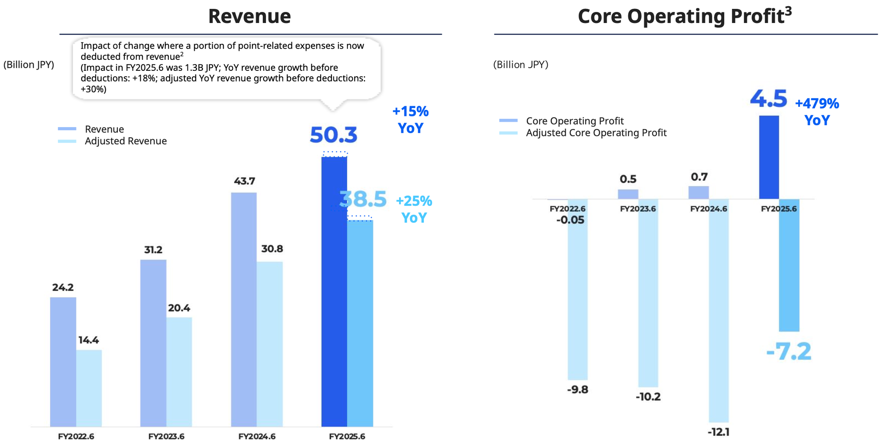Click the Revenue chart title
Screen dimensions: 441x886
tap(249, 16)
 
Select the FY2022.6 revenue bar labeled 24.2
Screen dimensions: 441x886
tap(63, 361)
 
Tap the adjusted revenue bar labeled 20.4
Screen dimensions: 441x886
tap(179, 371)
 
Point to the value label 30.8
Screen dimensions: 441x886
tap(272, 249)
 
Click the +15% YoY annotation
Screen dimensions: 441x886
tap(411, 120)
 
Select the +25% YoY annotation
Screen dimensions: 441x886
tap(414, 209)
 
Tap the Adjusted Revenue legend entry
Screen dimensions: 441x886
tap(125, 141)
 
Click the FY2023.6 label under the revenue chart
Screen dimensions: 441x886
tap(166, 436)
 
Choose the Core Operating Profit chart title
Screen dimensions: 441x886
tap(684, 16)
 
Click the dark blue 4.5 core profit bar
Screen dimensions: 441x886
tap(769, 157)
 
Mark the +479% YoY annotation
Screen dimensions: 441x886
tap(817, 112)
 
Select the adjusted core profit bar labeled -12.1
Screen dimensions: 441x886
tap(719, 310)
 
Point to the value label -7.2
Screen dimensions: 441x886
tap(789, 352)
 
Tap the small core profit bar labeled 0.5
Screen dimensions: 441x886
tap(628, 194)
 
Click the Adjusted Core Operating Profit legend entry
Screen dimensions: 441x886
tap(596, 133)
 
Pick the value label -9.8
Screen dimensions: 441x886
tap(578, 390)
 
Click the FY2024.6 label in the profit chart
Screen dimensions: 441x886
tap(708, 209)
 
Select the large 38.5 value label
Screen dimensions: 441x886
tap(363, 199)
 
